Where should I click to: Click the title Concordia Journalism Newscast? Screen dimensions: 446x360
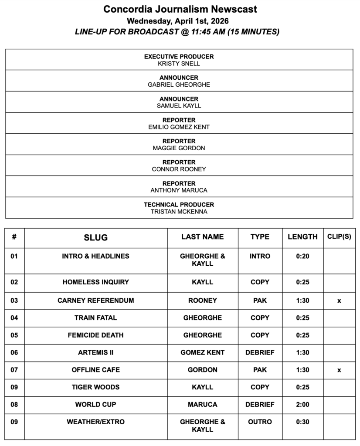click(x=180, y=9)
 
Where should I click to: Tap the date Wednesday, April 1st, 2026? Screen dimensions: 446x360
click(x=180, y=20)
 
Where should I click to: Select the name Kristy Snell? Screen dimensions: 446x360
click(x=179, y=64)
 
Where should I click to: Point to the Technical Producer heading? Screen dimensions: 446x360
click(x=179, y=204)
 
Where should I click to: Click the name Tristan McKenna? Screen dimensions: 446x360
click(x=179, y=212)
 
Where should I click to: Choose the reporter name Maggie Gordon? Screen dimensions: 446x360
click(x=179, y=148)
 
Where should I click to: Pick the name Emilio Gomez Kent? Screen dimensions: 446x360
click(x=179, y=127)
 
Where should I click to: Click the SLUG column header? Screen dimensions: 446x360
click(x=96, y=238)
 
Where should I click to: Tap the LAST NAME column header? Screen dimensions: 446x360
click(x=202, y=237)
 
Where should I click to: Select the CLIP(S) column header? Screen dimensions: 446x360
click(x=339, y=237)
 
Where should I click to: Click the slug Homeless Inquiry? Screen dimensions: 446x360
click(x=96, y=282)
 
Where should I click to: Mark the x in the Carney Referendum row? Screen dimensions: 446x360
click(x=339, y=301)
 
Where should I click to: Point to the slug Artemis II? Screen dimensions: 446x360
click(x=96, y=352)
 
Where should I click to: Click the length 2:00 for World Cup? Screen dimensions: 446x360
click(x=302, y=405)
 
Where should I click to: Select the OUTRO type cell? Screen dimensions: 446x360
click(x=260, y=422)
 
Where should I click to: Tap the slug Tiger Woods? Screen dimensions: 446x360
click(x=96, y=387)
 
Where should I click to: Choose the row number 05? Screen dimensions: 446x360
click(x=14, y=335)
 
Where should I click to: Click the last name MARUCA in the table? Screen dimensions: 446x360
click(x=202, y=405)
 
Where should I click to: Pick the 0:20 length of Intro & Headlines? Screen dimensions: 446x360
click(x=302, y=256)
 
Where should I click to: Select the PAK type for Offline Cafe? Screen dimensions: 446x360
click(x=260, y=370)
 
